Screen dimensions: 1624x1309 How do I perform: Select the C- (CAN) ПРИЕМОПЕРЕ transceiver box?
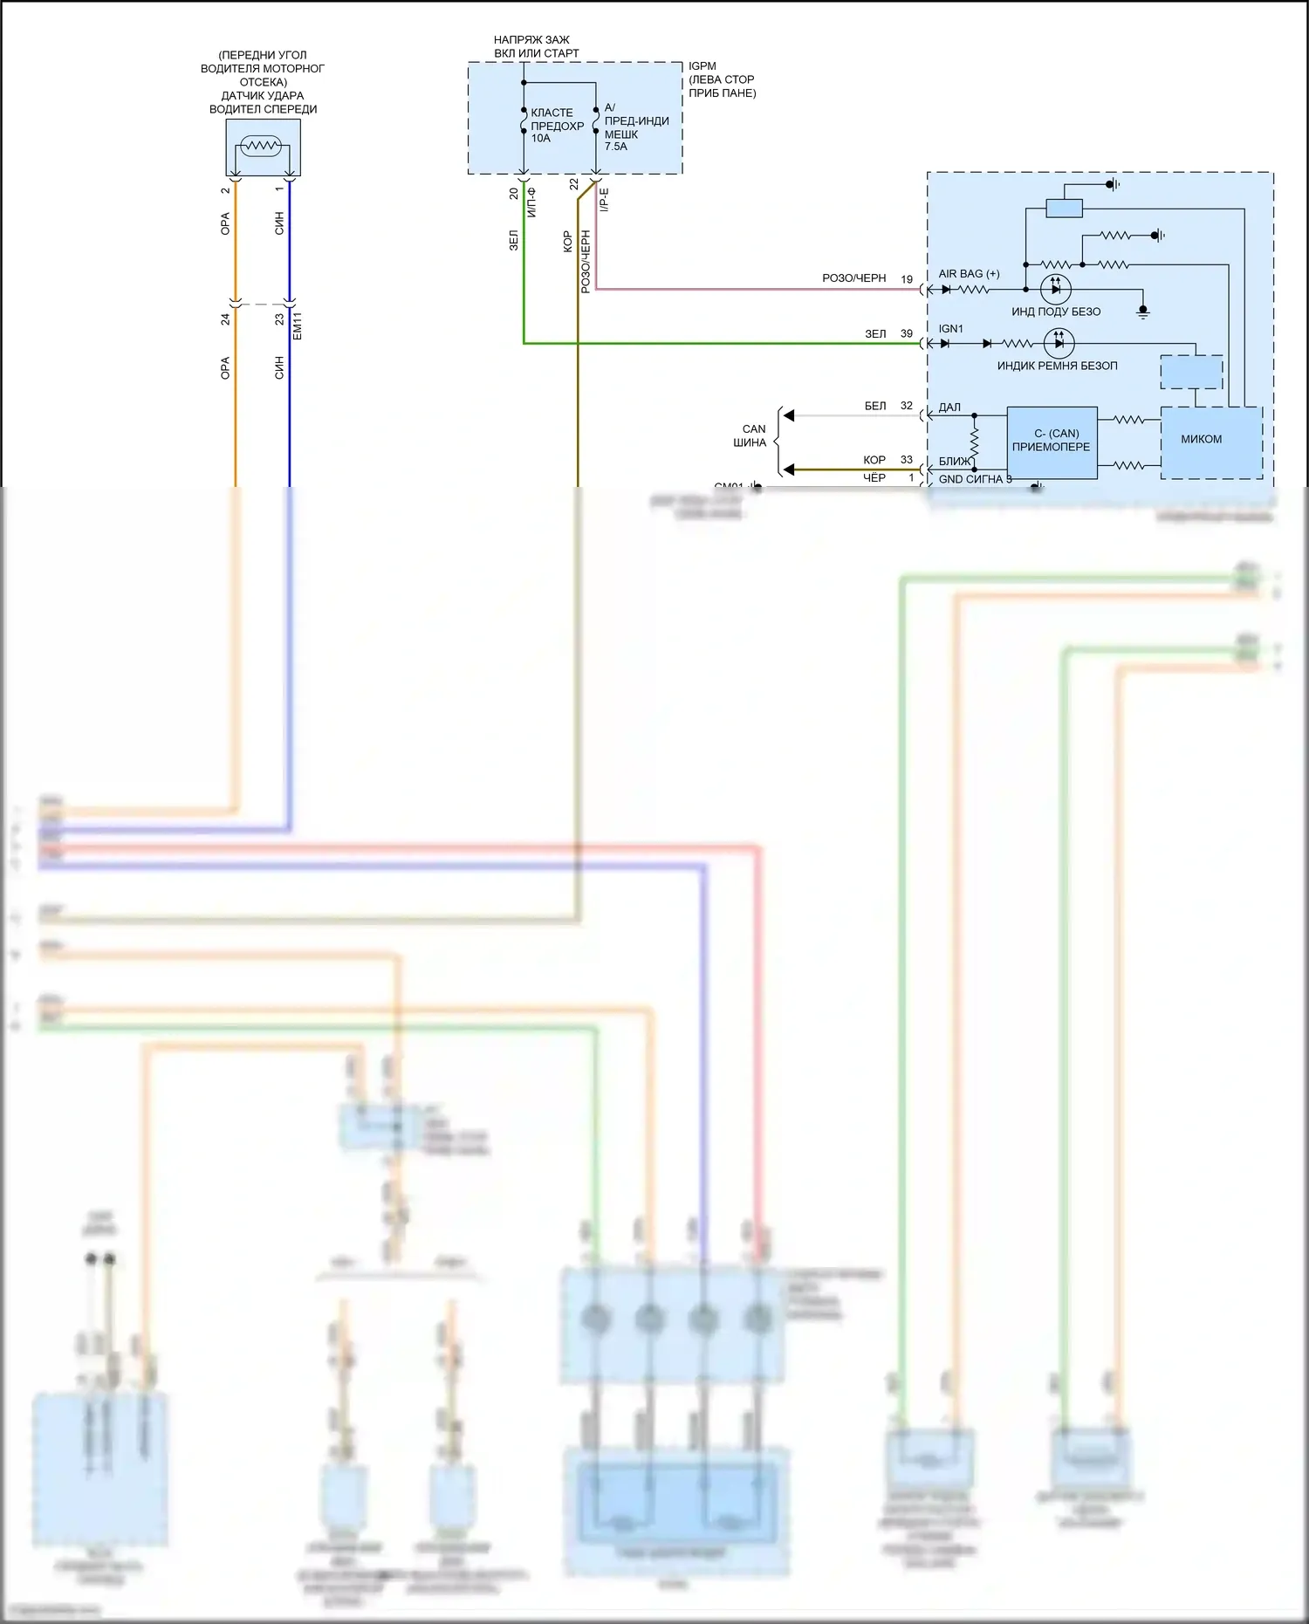tap(1052, 442)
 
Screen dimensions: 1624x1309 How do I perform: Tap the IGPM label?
tap(702, 66)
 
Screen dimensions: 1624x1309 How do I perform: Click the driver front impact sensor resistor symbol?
tap(261, 146)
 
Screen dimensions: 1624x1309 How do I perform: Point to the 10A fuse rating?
tap(541, 139)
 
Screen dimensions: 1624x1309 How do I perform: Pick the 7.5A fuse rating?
tap(616, 147)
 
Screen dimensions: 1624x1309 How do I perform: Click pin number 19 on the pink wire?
tap(907, 280)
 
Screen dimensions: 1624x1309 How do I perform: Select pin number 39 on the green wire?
tap(907, 334)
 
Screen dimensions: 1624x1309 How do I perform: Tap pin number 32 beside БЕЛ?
tap(907, 406)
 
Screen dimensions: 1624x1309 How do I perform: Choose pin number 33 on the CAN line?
tap(907, 460)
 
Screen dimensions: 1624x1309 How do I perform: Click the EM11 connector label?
tap(298, 325)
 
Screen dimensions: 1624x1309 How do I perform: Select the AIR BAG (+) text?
tap(969, 274)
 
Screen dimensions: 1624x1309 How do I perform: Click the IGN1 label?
tap(951, 329)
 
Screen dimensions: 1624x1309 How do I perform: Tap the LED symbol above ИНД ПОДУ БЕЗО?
tap(1056, 289)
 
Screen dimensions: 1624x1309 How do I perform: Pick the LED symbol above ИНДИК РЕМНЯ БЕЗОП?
tap(1059, 343)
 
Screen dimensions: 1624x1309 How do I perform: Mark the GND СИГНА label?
tap(971, 479)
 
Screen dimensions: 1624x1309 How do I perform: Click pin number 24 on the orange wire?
tap(225, 319)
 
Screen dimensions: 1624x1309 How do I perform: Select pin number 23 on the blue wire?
tap(279, 319)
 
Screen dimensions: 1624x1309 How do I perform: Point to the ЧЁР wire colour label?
tap(874, 478)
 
